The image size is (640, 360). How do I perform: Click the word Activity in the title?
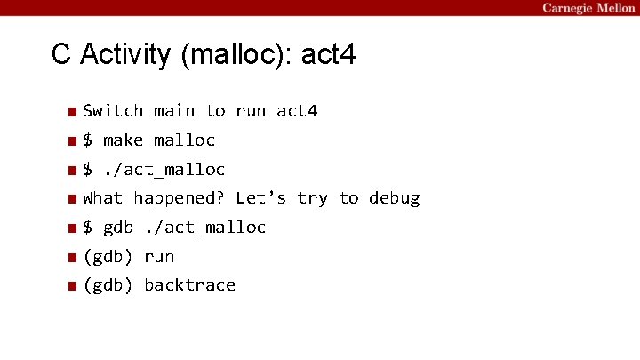[125, 55]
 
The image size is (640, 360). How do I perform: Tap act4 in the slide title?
[330, 55]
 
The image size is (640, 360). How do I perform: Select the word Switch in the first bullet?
[113, 111]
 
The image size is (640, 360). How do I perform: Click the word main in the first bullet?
[174, 111]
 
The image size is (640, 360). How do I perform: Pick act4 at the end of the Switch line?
[297, 111]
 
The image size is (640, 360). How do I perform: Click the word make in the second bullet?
[124, 140]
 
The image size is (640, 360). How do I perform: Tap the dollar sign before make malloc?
[88, 140]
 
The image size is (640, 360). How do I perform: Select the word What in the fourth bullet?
[103, 198]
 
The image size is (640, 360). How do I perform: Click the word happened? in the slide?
[179, 198]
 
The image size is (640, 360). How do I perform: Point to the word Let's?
[261, 198]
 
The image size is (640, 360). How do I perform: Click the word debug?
[394, 198]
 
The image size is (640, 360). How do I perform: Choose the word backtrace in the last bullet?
[189, 285]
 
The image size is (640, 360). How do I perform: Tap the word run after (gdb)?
[159, 257]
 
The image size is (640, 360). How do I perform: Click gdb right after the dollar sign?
[118, 228]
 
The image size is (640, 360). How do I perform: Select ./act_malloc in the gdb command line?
[204, 228]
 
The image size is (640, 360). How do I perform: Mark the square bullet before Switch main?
[70, 112]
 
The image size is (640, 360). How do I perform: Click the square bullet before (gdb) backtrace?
[70, 286]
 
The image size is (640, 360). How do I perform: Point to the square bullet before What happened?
[70, 199]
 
